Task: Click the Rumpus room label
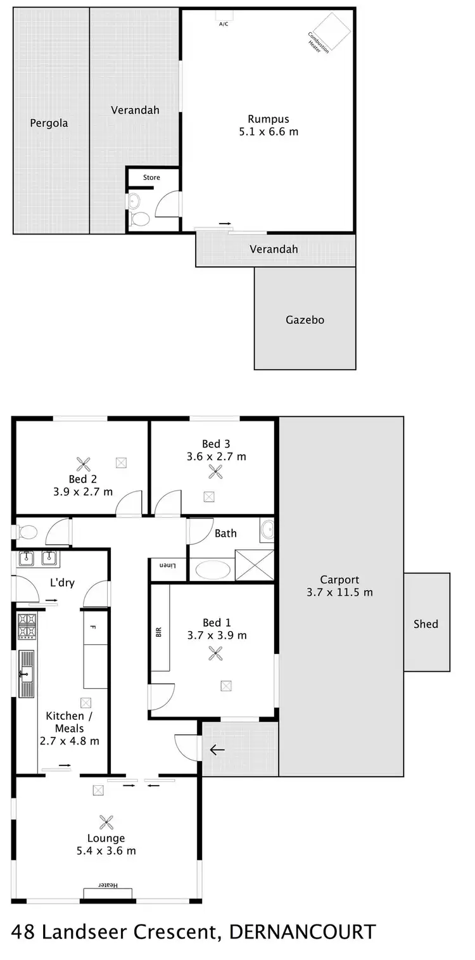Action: [268, 119]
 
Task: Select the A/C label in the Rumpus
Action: [224, 24]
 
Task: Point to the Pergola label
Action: [49, 123]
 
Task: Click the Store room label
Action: [151, 177]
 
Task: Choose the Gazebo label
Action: [305, 320]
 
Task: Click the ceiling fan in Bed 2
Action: [83, 463]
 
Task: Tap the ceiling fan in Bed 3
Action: [216, 471]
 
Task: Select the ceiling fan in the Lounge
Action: [106, 822]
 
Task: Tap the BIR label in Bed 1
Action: [158, 632]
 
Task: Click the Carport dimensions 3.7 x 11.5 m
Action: [339, 592]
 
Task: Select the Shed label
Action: [426, 624]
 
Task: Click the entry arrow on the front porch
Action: [217, 750]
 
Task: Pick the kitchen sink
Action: [27, 673]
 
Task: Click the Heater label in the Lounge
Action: [108, 885]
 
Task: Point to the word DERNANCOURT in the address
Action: [302, 932]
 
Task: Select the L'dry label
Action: [62, 582]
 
